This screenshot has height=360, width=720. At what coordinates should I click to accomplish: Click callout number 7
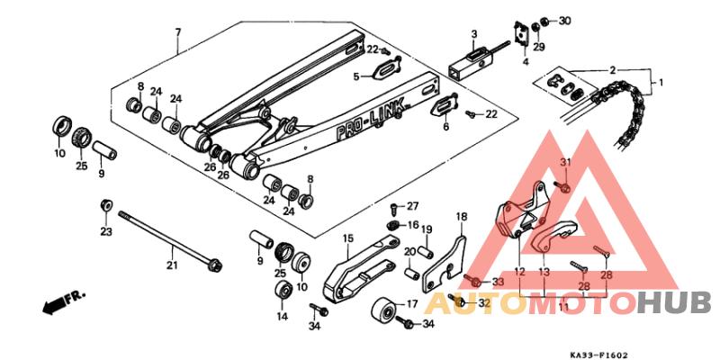point(177,32)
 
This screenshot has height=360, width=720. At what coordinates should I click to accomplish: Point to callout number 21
point(172,265)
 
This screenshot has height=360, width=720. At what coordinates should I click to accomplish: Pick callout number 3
point(473,34)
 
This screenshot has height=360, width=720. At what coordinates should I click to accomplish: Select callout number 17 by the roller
point(412,303)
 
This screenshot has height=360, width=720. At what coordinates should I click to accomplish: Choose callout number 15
point(345,238)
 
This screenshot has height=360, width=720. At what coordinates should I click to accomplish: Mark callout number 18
point(461,217)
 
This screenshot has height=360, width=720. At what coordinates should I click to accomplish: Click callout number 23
point(105,232)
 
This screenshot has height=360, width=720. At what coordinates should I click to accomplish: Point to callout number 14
point(283,317)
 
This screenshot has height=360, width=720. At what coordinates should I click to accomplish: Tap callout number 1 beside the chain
point(662,84)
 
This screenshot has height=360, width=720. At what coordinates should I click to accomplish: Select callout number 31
point(566,161)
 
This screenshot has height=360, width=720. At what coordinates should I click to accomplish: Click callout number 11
point(562,307)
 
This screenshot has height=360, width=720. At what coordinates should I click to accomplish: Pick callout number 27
point(413,206)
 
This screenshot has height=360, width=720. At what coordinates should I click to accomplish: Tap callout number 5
point(355,77)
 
